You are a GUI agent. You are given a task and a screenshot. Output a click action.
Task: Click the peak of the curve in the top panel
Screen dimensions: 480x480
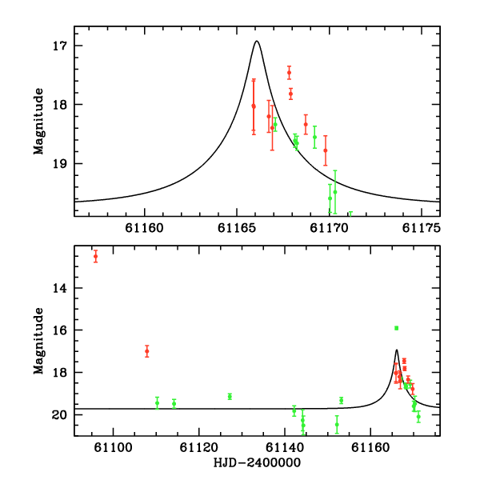click(257, 41)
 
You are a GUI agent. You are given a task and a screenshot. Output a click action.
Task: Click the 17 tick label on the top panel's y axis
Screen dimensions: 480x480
click(59, 46)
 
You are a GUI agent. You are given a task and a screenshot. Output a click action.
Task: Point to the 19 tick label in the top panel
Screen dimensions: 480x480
click(59, 164)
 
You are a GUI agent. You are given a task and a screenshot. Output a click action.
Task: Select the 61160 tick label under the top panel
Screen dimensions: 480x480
click(145, 228)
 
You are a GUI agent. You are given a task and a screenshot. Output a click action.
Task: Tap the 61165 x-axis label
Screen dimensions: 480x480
click(237, 228)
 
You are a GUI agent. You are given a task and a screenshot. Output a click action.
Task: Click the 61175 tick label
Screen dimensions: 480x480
click(422, 228)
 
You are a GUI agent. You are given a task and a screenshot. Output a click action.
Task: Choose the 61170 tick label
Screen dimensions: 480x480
click(329, 228)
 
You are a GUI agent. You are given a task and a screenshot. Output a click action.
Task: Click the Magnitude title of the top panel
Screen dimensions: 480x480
click(38, 122)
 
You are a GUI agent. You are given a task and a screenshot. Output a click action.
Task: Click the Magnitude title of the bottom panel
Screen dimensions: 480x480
click(38, 341)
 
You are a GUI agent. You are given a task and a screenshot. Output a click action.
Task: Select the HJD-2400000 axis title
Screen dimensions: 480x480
click(257, 463)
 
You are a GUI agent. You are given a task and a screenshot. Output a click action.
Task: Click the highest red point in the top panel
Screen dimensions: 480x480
click(289, 73)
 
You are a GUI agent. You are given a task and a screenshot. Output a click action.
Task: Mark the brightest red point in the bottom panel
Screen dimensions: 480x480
click(95, 256)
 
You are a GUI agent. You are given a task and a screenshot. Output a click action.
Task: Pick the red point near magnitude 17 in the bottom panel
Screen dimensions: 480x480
click(147, 351)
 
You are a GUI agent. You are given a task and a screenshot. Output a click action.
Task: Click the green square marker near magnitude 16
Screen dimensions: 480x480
click(397, 328)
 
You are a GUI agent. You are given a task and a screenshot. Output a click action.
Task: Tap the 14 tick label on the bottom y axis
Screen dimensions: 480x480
click(59, 288)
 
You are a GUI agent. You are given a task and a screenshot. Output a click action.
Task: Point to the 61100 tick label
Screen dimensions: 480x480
click(113, 447)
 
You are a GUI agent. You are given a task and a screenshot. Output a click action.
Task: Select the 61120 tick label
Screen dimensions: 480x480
click(199, 447)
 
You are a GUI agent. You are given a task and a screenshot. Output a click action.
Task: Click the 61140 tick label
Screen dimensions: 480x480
click(285, 447)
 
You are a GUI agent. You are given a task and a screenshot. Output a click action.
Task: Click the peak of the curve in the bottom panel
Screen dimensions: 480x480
click(397, 350)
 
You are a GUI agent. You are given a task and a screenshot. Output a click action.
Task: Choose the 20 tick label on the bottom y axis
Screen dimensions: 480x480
click(59, 414)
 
